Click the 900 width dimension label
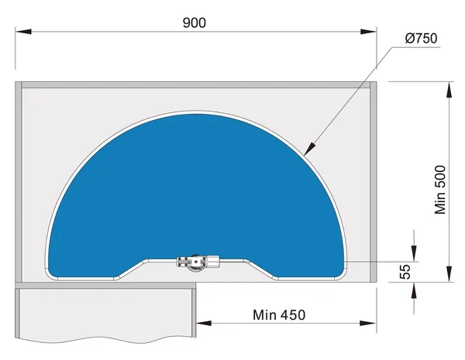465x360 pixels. (195, 22)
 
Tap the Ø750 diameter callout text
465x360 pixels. (421, 39)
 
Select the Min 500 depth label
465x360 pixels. (440, 190)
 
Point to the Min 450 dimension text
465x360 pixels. (279, 315)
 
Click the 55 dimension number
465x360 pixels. (405, 272)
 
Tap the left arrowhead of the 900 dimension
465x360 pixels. (23, 32)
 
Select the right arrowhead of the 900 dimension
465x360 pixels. (368, 32)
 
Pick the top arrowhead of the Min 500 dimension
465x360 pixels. (449, 90)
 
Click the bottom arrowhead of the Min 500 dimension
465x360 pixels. (449, 274)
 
